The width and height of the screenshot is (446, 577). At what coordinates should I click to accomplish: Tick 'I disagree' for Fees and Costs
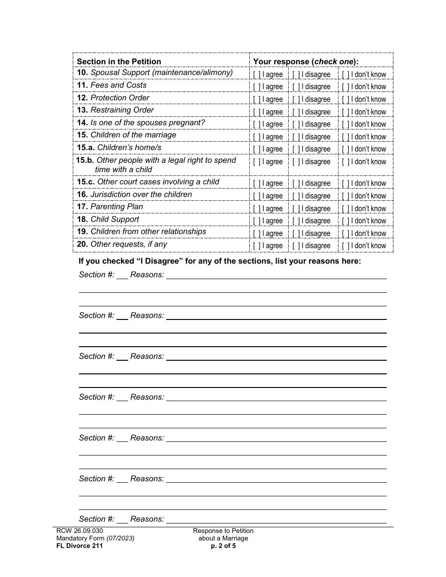pos(296,87)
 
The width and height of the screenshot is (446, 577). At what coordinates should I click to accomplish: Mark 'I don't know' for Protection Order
pos(345,99)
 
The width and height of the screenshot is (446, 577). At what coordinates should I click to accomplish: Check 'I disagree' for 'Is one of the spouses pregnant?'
pos(296,124)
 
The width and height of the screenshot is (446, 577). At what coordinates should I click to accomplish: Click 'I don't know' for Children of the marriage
pos(345,137)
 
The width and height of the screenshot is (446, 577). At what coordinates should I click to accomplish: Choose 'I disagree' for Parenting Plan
pos(296,209)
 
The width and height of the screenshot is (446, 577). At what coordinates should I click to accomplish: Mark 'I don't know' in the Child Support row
pos(345,221)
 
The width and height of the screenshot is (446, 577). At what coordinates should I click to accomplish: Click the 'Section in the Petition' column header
pos(119,61)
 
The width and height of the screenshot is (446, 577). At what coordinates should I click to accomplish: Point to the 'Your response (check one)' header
pos(306,61)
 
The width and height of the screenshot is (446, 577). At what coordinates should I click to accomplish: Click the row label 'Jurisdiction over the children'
pos(141,194)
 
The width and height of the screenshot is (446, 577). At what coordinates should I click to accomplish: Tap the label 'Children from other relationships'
pos(148,232)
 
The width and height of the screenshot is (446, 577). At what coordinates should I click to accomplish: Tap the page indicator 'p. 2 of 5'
pos(223,546)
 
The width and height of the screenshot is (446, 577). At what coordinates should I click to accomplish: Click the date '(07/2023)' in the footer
pos(120,539)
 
